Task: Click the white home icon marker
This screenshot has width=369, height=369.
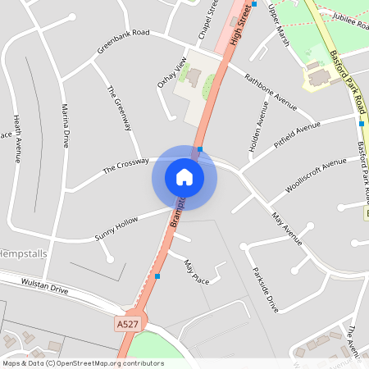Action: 184,176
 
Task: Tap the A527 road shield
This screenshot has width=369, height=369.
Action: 127,325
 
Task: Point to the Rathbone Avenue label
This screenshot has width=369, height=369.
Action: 270,90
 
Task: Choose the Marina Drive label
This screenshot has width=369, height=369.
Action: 66,126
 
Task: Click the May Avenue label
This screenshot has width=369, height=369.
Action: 287,229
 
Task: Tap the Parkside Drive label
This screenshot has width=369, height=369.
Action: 266,289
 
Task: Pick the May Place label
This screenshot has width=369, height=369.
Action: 196,273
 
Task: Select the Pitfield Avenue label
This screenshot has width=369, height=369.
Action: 297,134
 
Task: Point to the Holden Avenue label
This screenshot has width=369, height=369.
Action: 253,127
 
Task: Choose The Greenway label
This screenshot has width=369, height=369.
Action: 119,107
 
